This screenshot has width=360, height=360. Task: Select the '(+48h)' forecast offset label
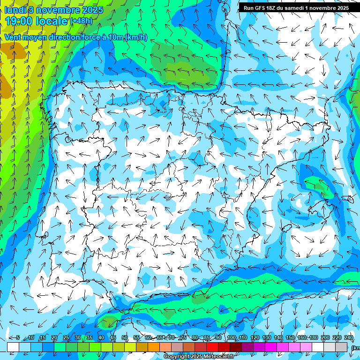(x=81, y=21)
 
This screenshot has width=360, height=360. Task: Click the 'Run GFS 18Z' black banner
(x=296, y=8)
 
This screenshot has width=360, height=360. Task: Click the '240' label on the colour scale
(x=348, y=338)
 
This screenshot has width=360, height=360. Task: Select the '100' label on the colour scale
(x=231, y=338)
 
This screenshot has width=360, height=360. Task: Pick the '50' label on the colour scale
(x=125, y=338)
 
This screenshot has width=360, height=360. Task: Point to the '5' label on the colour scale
(x=18, y=338)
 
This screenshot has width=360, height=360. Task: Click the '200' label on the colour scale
(x=325, y=338)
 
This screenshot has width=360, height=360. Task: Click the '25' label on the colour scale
(x=66, y=338)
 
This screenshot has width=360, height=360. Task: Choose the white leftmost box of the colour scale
(x=13, y=347)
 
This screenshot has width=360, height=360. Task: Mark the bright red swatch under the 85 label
(x=212, y=347)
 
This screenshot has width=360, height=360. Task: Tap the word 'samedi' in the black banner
(x=293, y=8)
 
